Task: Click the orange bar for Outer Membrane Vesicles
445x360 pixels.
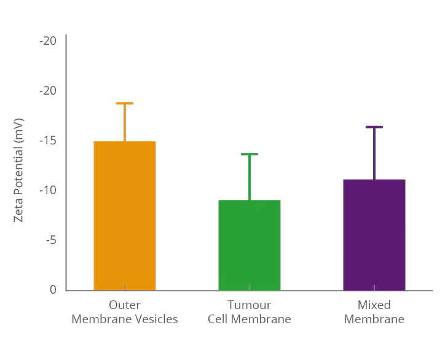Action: pos(125,215)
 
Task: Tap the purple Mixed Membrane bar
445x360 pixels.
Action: pos(374,234)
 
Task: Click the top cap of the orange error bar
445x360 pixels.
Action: pos(125,103)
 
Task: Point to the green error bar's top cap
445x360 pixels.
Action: pos(250,154)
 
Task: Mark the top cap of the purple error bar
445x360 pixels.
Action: pos(374,127)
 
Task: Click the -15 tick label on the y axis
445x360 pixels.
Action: pos(47,141)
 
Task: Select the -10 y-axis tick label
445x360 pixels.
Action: pos(47,190)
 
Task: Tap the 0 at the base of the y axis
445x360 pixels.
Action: pos(53,290)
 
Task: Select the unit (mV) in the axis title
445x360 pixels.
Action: pos(18,130)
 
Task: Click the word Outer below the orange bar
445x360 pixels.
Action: pos(125,305)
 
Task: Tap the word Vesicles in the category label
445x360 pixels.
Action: pos(157,319)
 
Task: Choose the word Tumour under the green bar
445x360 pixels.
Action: pos(250,305)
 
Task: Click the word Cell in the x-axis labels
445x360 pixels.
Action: pos(218,319)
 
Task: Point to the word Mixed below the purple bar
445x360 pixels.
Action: pos(374,305)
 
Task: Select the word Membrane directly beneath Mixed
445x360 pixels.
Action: pos(374,319)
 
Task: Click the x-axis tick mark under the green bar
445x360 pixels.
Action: pos(250,288)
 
